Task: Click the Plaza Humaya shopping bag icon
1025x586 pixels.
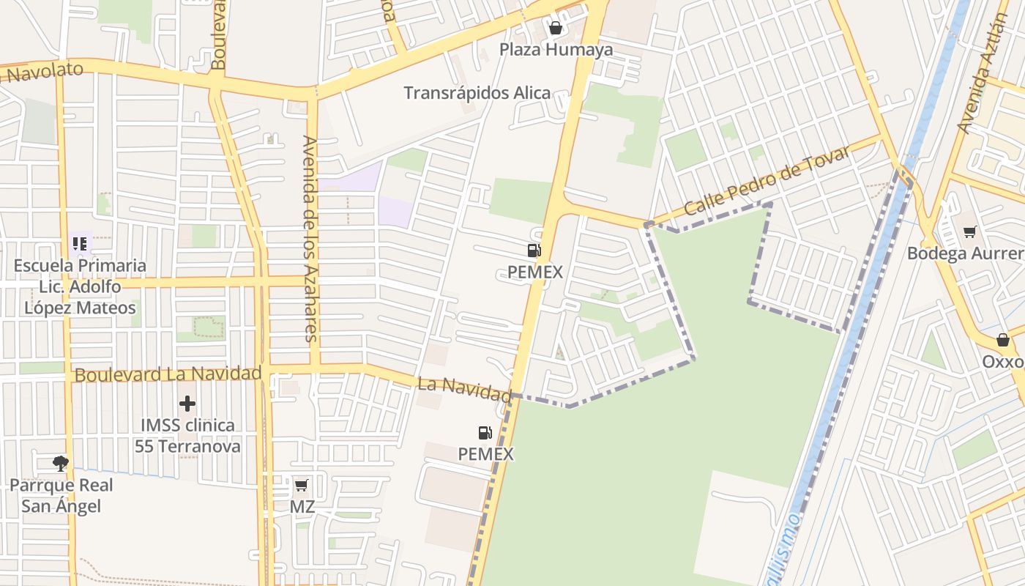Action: [x=556, y=29]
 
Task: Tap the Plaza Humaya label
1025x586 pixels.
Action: [x=556, y=50]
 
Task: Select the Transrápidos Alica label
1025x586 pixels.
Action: [x=477, y=93]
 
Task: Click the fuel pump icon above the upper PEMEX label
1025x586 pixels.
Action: [x=534, y=251]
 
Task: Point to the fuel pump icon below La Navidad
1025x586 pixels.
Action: [x=485, y=433]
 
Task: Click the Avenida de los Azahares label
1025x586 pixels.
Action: [x=310, y=239]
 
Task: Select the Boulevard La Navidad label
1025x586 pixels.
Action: [x=168, y=374]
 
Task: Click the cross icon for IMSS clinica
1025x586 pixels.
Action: [x=187, y=404]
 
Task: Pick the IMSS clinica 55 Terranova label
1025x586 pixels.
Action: [x=187, y=435]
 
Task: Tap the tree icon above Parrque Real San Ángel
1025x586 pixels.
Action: [x=61, y=463]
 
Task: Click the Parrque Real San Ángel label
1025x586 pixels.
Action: [x=61, y=495]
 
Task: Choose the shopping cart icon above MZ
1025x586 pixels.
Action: [x=301, y=485]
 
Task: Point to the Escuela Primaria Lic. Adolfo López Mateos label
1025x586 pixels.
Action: [x=80, y=286]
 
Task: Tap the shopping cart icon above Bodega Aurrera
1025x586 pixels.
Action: [x=970, y=232]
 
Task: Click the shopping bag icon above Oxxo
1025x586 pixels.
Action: [x=1003, y=340]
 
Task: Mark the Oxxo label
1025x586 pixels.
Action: [x=1002, y=362]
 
